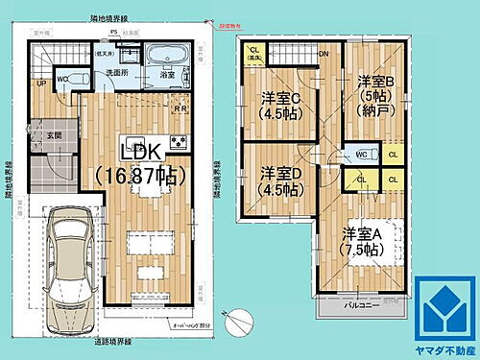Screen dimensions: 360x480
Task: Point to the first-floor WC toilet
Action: click(x=61, y=80)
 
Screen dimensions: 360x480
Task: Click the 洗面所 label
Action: click(x=117, y=73)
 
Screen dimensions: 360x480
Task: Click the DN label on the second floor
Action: click(x=324, y=54)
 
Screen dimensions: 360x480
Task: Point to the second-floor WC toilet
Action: click(x=361, y=154)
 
